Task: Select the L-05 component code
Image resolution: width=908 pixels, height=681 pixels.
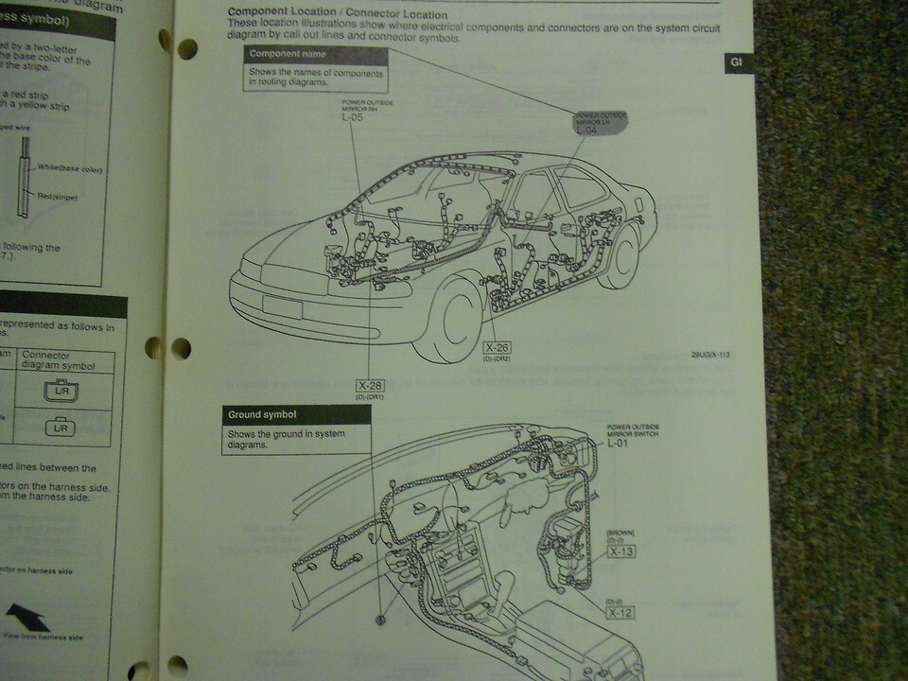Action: click(x=352, y=118)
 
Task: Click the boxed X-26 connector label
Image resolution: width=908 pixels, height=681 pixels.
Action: click(x=497, y=347)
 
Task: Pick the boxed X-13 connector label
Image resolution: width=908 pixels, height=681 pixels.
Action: click(x=620, y=550)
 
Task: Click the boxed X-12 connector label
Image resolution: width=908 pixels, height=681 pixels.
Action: click(x=620, y=613)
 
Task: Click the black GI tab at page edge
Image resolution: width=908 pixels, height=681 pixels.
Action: click(x=737, y=64)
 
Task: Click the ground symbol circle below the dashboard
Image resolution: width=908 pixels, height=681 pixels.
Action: click(x=381, y=620)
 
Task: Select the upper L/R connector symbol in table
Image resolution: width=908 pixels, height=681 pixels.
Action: click(x=62, y=390)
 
